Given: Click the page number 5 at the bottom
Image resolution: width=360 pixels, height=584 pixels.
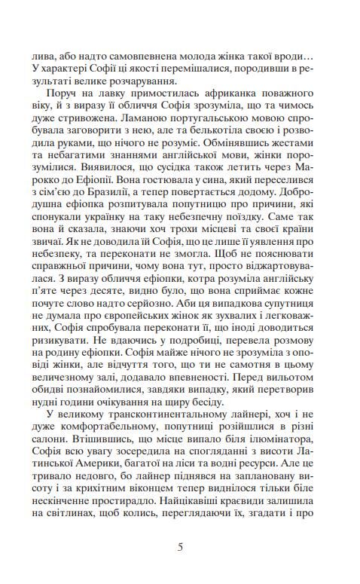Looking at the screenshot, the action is [180, 547].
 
